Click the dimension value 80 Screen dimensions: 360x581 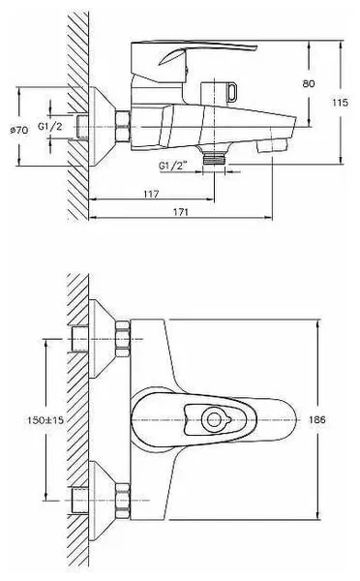point(309,83)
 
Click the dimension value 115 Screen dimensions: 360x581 point(340,103)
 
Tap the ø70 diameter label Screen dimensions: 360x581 point(19,130)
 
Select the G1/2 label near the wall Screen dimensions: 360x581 point(50,126)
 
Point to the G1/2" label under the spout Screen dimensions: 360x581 point(173,166)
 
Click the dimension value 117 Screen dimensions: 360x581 point(151,194)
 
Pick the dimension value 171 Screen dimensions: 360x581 point(181,212)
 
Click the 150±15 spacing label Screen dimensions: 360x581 point(45,420)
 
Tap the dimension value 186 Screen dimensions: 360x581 point(317,419)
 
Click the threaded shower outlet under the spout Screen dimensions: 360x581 point(215,158)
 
